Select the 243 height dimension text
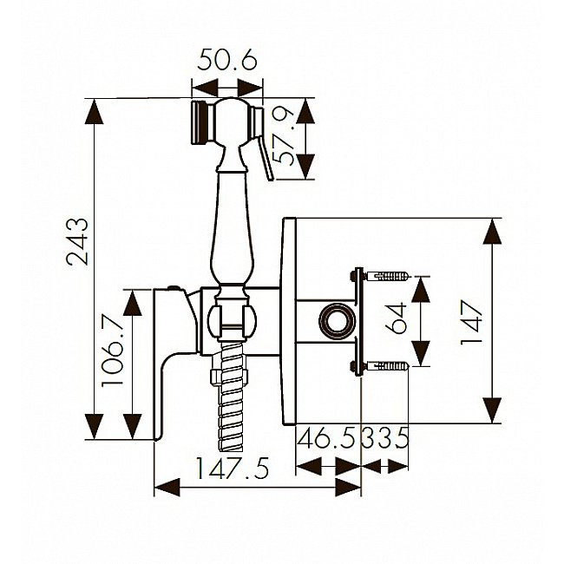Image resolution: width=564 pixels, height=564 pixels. [77, 241]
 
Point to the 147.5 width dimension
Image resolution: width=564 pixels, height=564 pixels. [233, 468]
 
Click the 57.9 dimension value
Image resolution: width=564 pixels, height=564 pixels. [284, 137]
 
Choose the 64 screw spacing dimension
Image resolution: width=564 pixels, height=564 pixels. [396, 319]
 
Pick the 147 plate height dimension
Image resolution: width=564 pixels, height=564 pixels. [471, 323]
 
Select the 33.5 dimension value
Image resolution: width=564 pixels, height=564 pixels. [385, 437]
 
